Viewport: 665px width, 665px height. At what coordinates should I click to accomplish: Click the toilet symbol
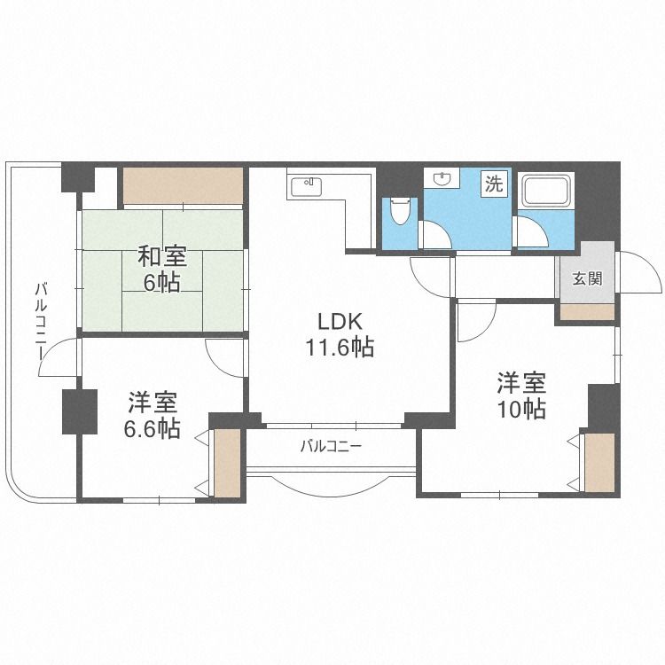point(399,211)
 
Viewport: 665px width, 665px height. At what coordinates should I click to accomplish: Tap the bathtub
point(547,191)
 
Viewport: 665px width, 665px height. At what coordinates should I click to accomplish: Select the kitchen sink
point(306,187)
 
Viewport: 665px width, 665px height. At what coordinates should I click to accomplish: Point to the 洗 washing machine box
point(494,184)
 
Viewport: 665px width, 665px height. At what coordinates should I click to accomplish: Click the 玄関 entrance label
point(587,278)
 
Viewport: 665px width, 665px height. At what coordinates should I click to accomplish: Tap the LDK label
point(340,322)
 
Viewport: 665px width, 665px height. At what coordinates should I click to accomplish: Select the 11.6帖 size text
point(340,348)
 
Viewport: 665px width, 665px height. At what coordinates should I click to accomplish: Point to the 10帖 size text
point(521,409)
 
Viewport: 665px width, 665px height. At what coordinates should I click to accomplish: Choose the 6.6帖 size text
point(152,428)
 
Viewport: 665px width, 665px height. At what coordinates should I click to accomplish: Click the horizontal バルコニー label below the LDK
point(331,446)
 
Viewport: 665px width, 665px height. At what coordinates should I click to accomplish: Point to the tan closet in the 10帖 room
point(599,463)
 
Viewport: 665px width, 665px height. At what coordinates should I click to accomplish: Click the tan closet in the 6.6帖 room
point(227,463)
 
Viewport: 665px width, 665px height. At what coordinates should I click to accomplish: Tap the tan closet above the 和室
point(184,186)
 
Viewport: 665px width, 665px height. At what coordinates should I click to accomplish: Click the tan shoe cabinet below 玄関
point(587,312)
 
